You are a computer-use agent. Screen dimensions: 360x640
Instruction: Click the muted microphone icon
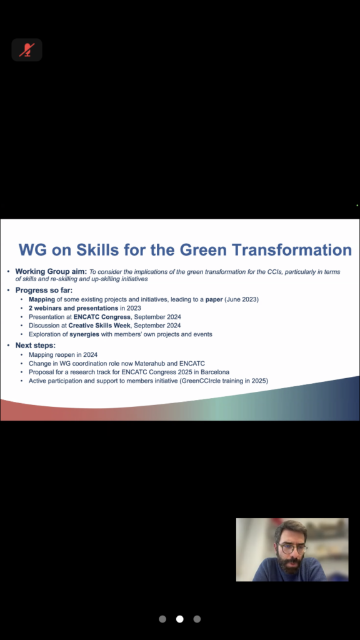26,50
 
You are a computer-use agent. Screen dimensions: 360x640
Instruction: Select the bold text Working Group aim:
51,271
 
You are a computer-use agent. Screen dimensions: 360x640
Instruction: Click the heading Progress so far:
44,290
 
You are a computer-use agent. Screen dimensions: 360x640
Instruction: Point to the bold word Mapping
42,299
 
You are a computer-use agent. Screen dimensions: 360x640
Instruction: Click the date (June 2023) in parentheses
241,299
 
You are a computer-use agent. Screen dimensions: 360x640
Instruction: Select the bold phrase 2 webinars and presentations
74,308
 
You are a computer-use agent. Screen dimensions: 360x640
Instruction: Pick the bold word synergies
84,334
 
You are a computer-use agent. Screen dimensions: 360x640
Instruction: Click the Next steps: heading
36,345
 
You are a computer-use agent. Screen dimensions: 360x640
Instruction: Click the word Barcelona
215,372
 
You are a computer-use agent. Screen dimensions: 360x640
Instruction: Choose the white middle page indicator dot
179,619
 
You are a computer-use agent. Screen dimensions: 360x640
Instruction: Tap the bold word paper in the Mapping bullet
214,299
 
